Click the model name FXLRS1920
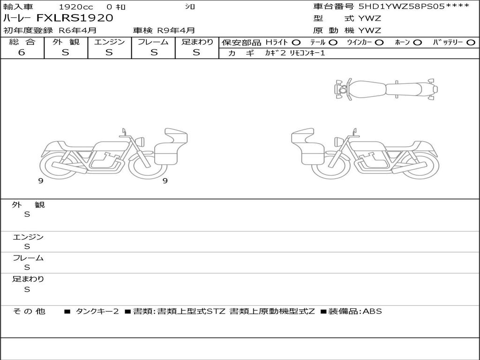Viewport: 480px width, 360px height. [x=75, y=18]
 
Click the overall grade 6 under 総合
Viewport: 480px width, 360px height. [x=22, y=52]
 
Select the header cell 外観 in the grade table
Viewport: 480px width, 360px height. [x=66, y=42]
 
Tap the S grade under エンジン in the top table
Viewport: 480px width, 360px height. [x=109, y=52]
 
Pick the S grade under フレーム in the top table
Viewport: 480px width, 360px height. [x=154, y=52]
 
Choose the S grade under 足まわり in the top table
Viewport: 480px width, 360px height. [x=196, y=52]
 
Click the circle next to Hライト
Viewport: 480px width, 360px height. [x=296, y=43]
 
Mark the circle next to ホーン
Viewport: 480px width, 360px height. [x=417, y=43]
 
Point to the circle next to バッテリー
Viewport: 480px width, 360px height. [x=471, y=43]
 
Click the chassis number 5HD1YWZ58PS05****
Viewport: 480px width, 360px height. [x=414, y=7]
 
